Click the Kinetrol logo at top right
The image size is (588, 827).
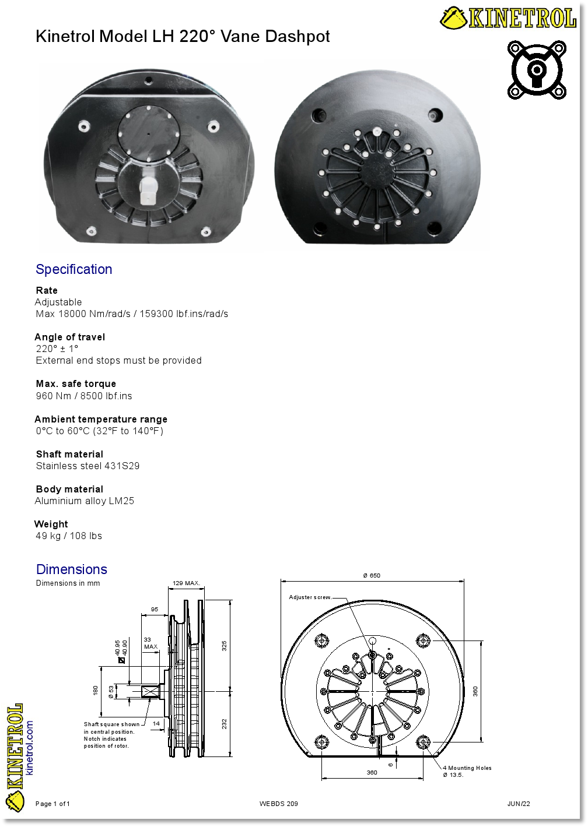[508, 18]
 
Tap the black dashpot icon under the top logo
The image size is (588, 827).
[537, 70]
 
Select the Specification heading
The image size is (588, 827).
[74, 269]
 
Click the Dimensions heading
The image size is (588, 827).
[72, 569]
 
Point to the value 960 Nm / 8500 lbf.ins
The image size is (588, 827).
[84, 396]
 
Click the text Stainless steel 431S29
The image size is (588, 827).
[88, 466]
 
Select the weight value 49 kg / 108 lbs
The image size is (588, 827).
[69, 536]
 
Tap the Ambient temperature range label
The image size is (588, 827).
[101, 419]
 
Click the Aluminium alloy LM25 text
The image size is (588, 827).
[85, 501]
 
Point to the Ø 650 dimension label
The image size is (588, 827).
[372, 575]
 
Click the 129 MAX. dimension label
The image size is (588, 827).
[187, 583]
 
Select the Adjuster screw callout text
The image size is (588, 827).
[310, 597]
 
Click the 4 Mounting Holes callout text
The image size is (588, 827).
[467, 768]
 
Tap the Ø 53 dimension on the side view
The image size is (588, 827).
[111, 692]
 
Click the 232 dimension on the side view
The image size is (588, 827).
[224, 724]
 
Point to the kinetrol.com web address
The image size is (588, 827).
[30, 748]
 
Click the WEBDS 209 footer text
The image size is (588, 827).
[279, 804]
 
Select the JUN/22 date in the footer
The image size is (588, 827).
[519, 804]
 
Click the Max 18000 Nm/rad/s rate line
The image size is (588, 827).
[132, 314]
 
